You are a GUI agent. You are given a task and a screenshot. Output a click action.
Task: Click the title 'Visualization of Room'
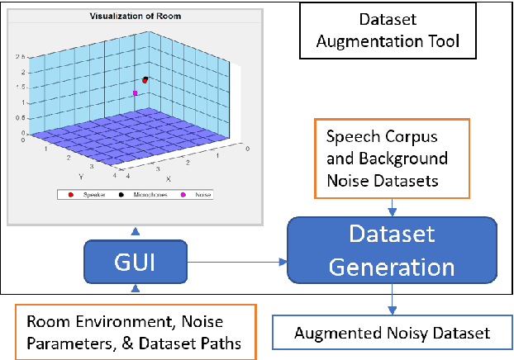(x=135, y=16)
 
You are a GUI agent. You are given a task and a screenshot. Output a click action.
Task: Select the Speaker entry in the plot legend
(x=88, y=195)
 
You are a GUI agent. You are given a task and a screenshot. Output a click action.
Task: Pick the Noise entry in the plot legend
(x=194, y=195)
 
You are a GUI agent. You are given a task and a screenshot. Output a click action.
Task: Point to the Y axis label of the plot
(x=81, y=175)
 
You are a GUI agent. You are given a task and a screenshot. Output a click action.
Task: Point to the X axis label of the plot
(x=168, y=178)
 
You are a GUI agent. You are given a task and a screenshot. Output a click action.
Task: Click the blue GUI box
(x=136, y=263)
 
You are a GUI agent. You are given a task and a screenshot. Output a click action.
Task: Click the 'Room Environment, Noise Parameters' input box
(x=135, y=332)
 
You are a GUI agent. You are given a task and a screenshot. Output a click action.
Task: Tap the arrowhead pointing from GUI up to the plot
(x=136, y=232)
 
